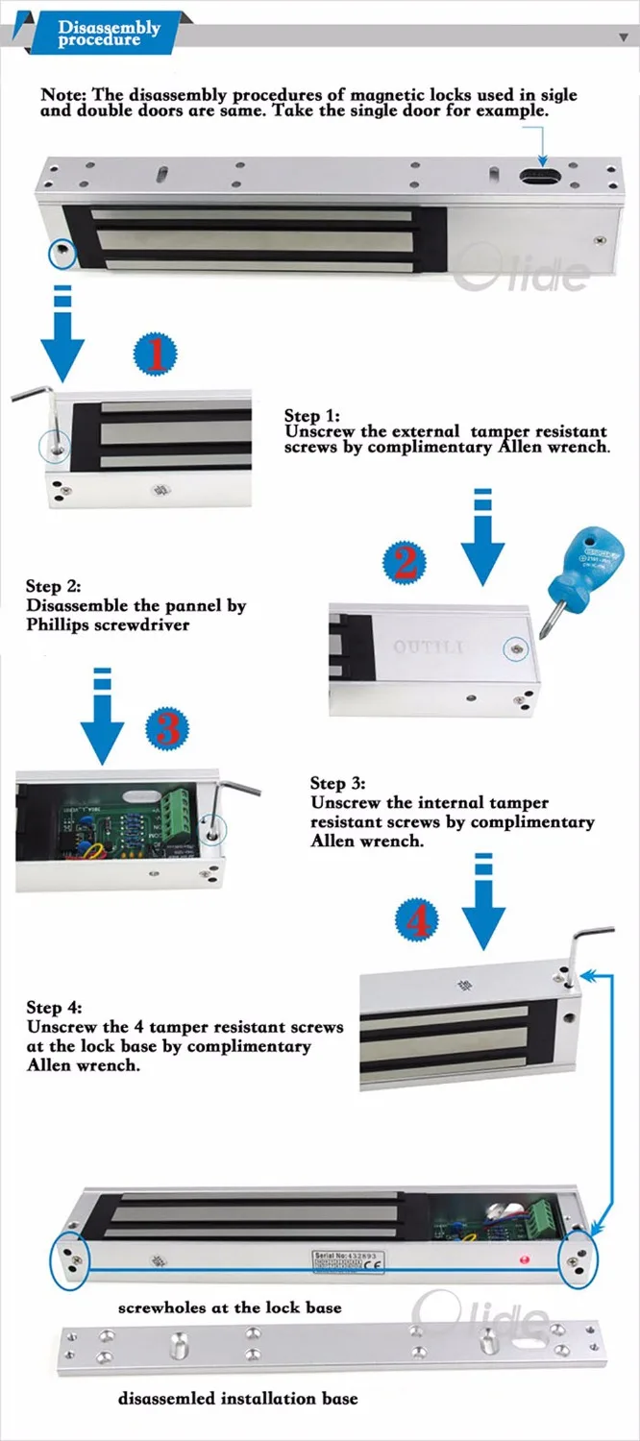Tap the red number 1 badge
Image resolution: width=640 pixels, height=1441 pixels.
155,353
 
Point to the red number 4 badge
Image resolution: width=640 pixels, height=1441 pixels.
416,922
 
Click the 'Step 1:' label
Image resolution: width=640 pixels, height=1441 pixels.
311,416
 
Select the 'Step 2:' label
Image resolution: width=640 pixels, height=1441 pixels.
53,586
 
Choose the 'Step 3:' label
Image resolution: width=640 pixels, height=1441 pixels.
337,784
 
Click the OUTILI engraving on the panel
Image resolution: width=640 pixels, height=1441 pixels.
428,648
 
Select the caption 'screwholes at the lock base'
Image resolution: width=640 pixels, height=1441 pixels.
230,1307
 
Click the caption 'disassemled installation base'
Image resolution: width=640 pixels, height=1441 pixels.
237,1398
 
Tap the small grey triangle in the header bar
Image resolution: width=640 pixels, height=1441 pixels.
623,36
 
